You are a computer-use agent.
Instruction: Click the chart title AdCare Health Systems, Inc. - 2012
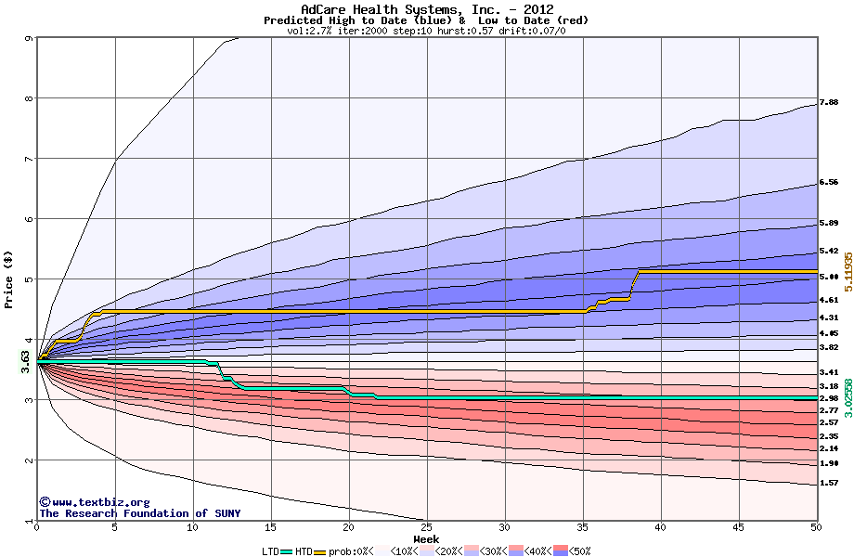pos(427,9)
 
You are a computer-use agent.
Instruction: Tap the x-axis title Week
pos(426,539)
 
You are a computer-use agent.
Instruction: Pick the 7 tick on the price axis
pos(29,160)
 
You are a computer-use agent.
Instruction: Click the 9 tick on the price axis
pos(29,39)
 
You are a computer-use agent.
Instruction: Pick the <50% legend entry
pos(573,551)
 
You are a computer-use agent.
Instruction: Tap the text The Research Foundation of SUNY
pos(136,513)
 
